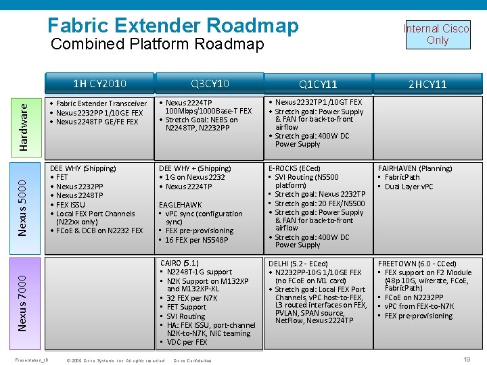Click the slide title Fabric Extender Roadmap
click(x=172, y=25)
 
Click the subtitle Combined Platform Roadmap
click(x=158, y=45)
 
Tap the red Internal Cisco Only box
click(x=437, y=34)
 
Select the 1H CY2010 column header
click(x=100, y=84)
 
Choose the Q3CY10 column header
click(x=210, y=84)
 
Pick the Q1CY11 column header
click(x=318, y=84)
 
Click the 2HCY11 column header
click(x=427, y=84)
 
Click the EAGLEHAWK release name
click(x=180, y=204)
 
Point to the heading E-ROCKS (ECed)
click(x=294, y=168)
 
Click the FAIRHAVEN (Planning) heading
click(x=415, y=168)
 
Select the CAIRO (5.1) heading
click(x=180, y=263)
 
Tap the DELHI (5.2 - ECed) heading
click(x=298, y=264)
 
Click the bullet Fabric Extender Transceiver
click(x=101, y=103)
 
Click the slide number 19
click(x=467, y=360)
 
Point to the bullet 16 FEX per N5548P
click(x=197, y=239)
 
